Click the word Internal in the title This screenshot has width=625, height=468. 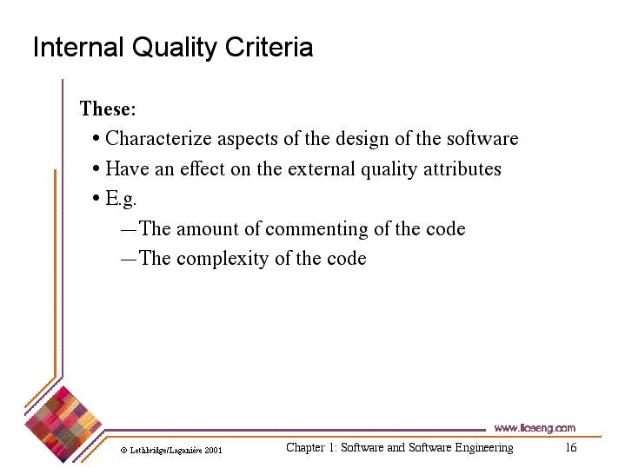(x=78, y=47)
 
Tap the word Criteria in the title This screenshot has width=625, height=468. (x=269, y=47)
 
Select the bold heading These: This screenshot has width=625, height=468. (x=108, y=109)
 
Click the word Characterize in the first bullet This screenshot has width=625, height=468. (x=158, y=139)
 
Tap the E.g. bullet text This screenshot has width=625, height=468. (x=121, y=198)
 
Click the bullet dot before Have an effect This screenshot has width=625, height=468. (x=96, y=168)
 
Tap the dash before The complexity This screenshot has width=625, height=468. (x=129, y=260)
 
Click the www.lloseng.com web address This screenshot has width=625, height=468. (x=535, y=428)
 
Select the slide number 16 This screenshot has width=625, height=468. (x=571, y=447)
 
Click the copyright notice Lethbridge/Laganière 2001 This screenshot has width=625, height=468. (x=171, y=450)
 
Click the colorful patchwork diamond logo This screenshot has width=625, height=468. (x=63, y=424)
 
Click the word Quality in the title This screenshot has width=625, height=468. (x=174, y=48)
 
